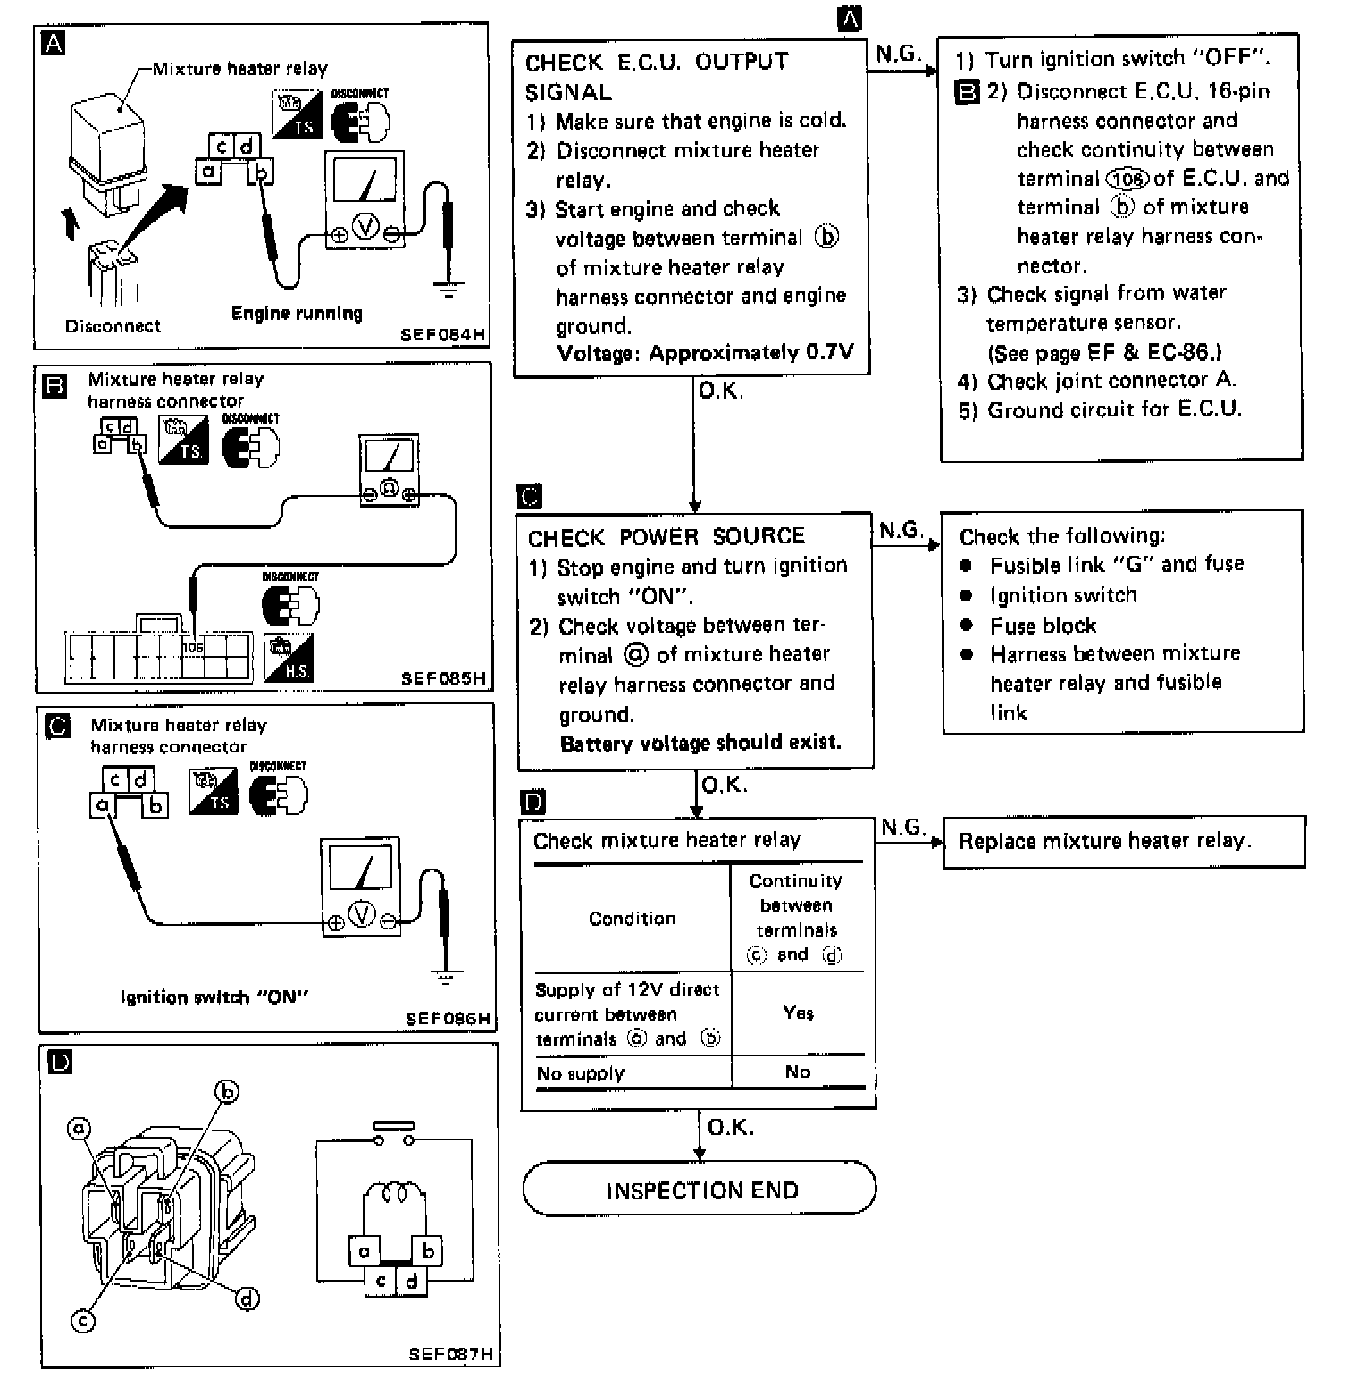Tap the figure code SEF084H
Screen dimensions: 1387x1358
click(x=442, y=335)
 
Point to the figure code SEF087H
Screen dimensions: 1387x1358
click(x=450, y=1353)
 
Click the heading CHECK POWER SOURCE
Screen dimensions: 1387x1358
click(x=666, y=537)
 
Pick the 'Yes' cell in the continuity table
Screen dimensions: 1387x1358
click(x=798, y=1013)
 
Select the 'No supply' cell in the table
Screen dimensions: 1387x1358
click(x=581, y=1073)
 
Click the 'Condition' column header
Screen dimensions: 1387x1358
click(x=632, y=919)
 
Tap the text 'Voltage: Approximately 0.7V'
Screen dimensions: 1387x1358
click(x=705, y=353)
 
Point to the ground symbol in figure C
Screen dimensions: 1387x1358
click(x=444, y=975)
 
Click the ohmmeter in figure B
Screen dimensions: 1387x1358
click(x=389, y=472)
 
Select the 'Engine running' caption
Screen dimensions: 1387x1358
click(x=297, y=313)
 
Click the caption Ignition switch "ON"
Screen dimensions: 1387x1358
click(x=214, y=997)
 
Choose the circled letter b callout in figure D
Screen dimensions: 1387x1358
click(x=228, y=1091)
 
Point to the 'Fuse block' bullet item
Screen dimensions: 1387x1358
click(x=1043, y=626)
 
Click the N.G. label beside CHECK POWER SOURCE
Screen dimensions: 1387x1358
click(x=901, y=531)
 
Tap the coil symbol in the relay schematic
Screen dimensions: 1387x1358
click(x=395, y=1193)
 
